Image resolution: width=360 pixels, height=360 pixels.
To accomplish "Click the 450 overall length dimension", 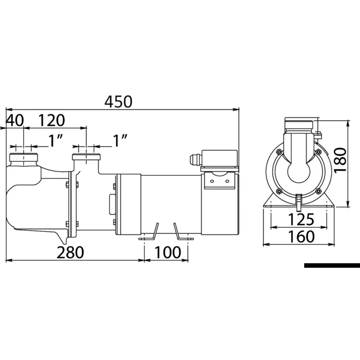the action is tap(118, 102).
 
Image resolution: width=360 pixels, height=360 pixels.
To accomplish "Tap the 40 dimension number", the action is tap(14, 120).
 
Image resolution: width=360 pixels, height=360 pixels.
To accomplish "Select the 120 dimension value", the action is tap(51, 120).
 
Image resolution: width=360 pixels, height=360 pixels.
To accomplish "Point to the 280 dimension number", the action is tap(70, 252).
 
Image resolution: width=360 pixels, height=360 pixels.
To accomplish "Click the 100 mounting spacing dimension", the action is tap(168, 252).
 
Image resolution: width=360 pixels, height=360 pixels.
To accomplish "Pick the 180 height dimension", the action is tap(340, 160).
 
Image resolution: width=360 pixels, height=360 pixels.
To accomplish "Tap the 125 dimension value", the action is tap(301, 219).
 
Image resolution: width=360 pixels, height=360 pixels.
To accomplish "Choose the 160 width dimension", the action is tap(301, 237).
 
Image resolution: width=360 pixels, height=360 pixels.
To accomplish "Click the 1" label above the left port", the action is tap(55, 140).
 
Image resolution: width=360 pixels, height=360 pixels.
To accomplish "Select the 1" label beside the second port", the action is tap(120, 140).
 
